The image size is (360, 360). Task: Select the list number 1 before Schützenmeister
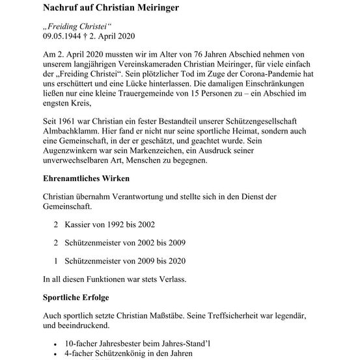pos(57,261)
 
